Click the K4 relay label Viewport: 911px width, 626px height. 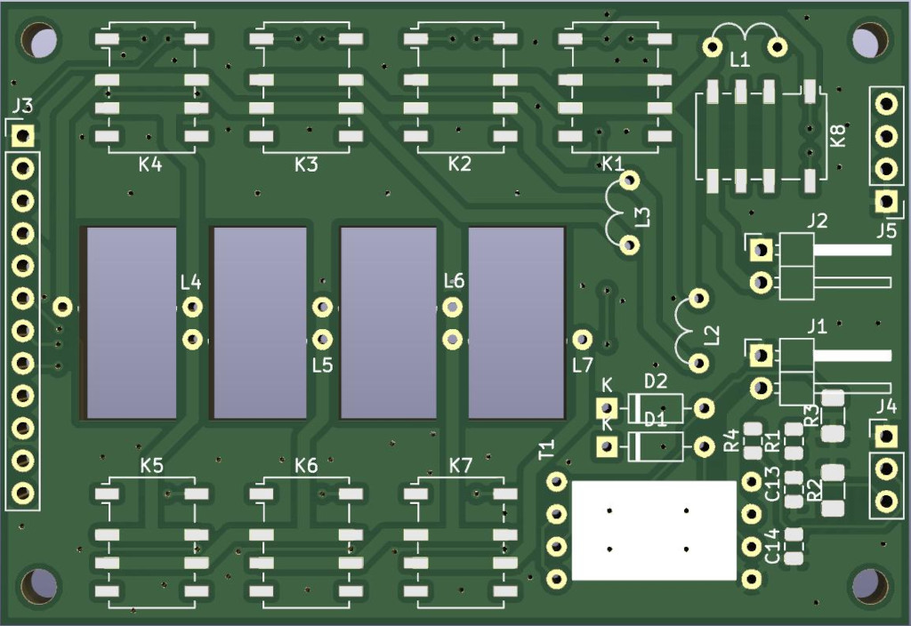[x=149, y=165]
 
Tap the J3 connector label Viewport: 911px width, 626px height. [x=22, y=107]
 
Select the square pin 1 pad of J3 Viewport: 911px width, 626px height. [x=22, y=136]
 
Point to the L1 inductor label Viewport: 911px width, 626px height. [x=739, y=60]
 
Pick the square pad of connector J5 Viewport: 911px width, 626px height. [x=886, y=202]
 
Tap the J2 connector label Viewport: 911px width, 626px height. [x=817, y=221]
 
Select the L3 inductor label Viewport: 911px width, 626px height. [x=642, y=217]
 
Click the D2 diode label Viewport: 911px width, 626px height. [x=656, y=381]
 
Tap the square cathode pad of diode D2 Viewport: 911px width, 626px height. [x=607, y=408]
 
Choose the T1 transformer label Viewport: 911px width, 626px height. [x=547, y=449]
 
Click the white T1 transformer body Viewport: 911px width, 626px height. [x=654, y=530]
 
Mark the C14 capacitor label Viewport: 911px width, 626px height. [x=772, y=546]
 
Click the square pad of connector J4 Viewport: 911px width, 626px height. [x=886, y=436]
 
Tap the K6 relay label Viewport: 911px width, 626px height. [x=306, y=466]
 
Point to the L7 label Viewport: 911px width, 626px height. [x=582, y=365]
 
